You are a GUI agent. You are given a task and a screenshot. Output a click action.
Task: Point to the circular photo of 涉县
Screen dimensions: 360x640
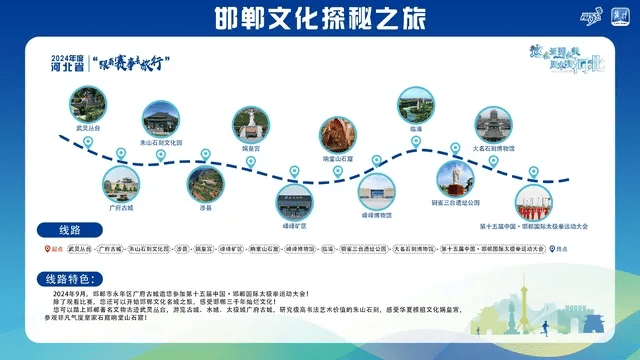[205, 183]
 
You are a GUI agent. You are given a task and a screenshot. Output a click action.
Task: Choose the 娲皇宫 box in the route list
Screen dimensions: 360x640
[204, 248]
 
